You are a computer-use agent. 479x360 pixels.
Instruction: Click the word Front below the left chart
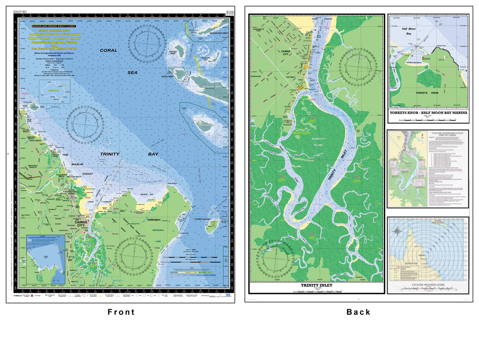point(121,312)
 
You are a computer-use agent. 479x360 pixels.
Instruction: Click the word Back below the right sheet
point(358,312)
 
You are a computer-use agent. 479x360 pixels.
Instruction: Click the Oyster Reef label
point(173,52)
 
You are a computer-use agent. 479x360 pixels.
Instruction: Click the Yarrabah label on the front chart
point(153,219)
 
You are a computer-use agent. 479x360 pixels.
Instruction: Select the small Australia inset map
point(54,90)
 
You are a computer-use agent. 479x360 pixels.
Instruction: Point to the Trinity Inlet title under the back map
point(316,286)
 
